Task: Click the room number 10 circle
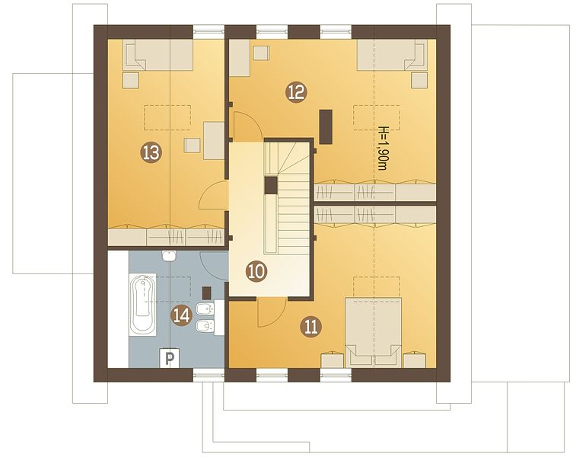click(256, 272)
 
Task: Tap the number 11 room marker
click(310, 327)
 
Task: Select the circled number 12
click(296, 92)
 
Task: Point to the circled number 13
click(151, 152)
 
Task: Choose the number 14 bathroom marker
click(182, 315)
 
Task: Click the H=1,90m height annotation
click(383, 149)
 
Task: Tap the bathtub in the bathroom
click(142, 305)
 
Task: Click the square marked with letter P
click(169, 358)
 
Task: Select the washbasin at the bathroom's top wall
click(169, 256)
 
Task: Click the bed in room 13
click(158, 55)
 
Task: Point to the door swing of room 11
click(272, 312)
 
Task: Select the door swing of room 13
click(212, 196)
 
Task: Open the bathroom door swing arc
click(213, 267)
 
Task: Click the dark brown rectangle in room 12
click(326, 126)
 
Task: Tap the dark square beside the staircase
click(271, 185)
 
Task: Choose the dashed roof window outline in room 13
click(167, 117)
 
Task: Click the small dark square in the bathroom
click(207, 292)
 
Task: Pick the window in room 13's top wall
click(209, 32)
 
